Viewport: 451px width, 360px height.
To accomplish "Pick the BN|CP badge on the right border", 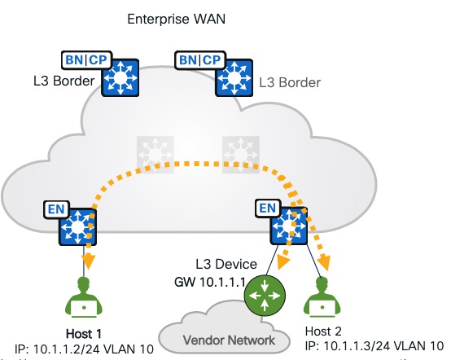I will click(199, 59).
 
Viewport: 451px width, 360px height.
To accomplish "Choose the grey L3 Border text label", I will click(290, 81).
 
